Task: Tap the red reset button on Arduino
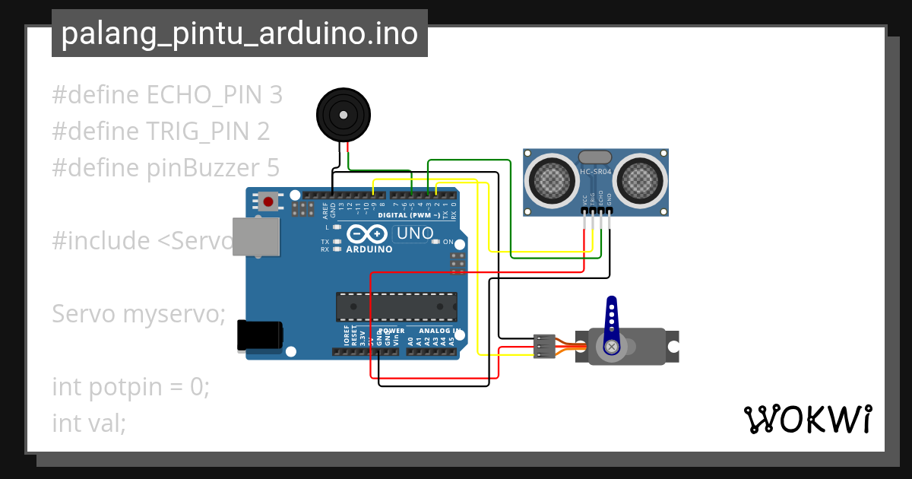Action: coord(268,201)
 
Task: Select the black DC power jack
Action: coord(259,335)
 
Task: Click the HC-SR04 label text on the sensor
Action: coord(594,172)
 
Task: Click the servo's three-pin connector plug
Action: coord(545,346)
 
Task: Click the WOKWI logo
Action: coord(807,419)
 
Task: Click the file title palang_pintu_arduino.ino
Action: coord(239,34)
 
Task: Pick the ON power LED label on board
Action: coord(448,243)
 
